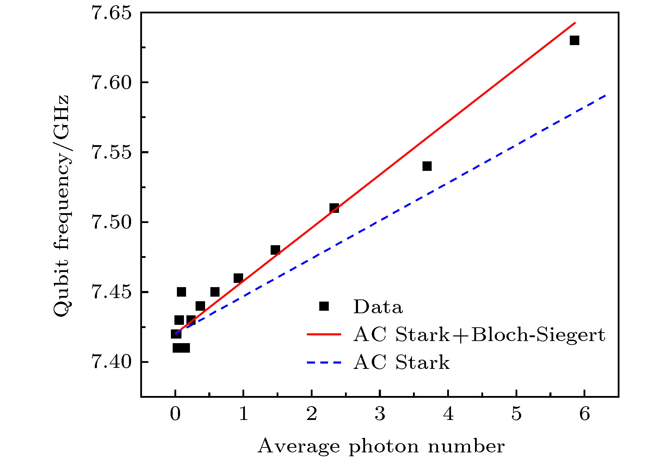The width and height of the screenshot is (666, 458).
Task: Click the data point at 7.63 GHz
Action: [574, 41]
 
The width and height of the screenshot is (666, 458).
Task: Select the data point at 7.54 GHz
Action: [427, 166]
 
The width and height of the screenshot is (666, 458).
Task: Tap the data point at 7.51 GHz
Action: [334, 208]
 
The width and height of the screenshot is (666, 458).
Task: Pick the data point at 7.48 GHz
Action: [275, 250]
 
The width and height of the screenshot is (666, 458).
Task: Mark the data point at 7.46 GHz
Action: [238, 278]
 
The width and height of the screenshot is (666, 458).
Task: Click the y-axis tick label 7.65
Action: [111, 13]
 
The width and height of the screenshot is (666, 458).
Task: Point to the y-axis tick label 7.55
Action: [111, 153]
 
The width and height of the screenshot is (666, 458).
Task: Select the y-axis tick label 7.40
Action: [111, 362]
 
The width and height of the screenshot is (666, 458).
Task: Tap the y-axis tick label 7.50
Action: [111, 222]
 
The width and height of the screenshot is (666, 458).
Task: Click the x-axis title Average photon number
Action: [381, 446]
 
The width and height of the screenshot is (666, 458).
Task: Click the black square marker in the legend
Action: [324, 306]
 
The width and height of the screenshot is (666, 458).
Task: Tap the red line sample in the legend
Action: [324, 334]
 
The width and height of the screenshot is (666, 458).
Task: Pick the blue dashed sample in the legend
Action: [324, 362]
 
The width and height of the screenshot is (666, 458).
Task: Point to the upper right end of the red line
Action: [575, 23]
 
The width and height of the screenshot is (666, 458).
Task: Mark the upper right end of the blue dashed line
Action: [605, 95]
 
